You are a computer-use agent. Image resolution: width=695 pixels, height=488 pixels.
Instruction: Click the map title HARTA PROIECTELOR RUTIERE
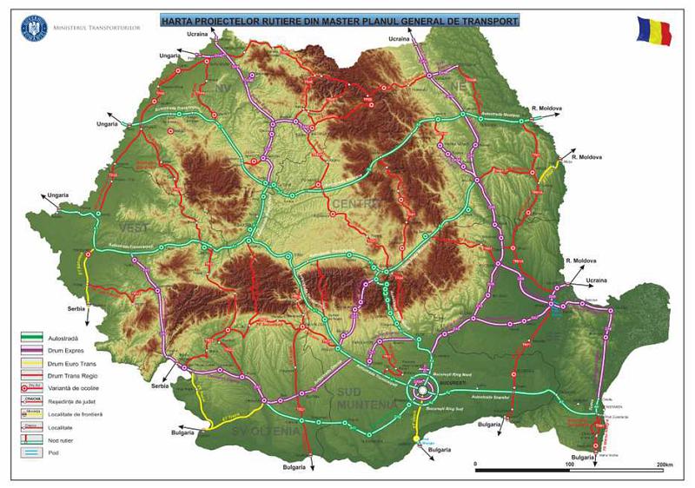coord(334,19)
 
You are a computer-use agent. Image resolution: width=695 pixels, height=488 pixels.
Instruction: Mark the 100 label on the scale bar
coord(571,465)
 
